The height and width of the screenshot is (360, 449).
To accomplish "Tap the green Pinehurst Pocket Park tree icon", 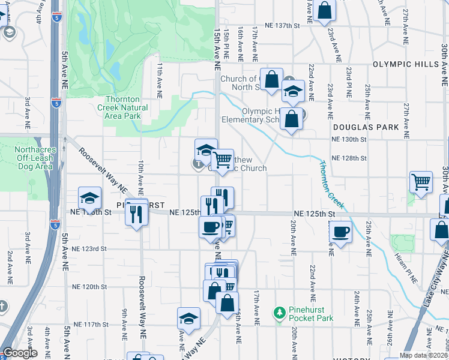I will click(279, 313).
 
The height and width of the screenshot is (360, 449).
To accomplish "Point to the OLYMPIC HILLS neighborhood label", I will click(407, 64).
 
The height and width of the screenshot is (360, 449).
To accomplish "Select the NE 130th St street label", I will click(349, 139).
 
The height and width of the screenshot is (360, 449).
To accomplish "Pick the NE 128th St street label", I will click(349, 158).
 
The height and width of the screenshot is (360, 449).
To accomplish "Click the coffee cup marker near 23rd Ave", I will click(341, 231).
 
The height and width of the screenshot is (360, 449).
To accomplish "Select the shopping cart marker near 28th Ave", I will click(421, 182).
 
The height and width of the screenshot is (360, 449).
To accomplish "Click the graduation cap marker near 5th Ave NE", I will click(89, 197).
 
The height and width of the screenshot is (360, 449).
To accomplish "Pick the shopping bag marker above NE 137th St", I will click(324, 10).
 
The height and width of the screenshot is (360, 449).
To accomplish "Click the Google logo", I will click(20, 353).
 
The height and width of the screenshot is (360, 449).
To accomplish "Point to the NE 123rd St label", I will click(89, 248).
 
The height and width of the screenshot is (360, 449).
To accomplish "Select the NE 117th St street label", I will click(89, 324).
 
